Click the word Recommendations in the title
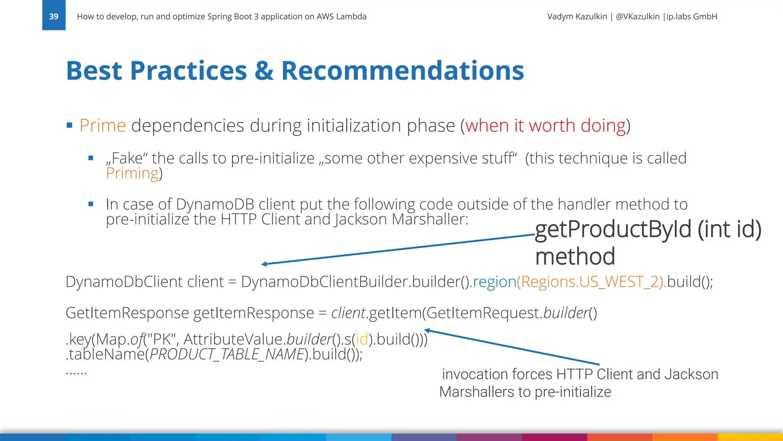point(402,71)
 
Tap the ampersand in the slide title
point(264,71)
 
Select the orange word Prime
point(102,126)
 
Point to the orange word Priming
point(132,173)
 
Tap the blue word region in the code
point(495,282)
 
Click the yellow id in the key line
point(362,339)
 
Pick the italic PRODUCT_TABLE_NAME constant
point(227,354)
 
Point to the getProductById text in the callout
point(613,229)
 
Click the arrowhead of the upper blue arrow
point(264,264)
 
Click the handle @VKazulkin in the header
point(638,16)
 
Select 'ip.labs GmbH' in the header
point(692,16)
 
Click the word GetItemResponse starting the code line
point(127,313)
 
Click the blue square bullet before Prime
point(69,125)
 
